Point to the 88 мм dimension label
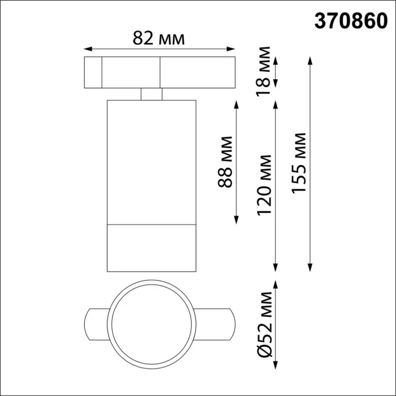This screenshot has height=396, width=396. [226, 162]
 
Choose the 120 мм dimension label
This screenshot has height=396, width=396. [264, 185]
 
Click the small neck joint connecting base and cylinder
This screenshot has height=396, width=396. [152, 93]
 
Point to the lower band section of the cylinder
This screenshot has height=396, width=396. [152, 247]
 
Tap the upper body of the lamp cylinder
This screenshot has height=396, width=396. [152, 161]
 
